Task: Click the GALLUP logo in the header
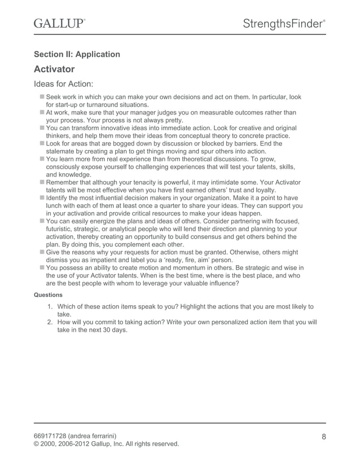click(x=60, y=23)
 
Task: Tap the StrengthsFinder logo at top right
click(x=284, y=24)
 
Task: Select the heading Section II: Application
click(x=77, y=54)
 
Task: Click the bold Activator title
click(x=54, y=69)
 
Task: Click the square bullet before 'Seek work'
click(x=42, y=97)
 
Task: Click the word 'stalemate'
click(x=63, y=151)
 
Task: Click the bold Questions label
click(x=49, y=294)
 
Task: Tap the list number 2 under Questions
click(x=50, y=322)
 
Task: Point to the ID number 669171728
click(x=53, y=434)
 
